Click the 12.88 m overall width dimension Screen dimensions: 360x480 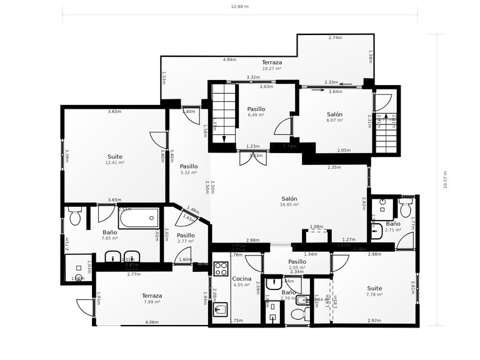[x=239, y=7]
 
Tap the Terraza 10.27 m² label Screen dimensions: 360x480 [x=271, y=65]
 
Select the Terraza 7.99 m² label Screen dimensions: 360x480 [x=151, y=299]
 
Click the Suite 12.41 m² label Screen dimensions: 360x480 [x=114, y=159]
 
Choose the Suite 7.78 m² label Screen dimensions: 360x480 [x=374, y=291]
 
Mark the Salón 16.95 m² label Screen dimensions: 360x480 [x=289, y=201]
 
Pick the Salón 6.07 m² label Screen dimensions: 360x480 [x=334, y=117]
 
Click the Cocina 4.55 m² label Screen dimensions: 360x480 [x=242, y=281]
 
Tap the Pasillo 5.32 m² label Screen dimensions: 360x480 [x=189, y=169]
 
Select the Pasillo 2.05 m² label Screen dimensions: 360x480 [x=297, y=264]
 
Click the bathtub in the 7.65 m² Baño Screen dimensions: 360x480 [x=137, y=219]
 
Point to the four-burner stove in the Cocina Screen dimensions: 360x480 [x=221, y=269]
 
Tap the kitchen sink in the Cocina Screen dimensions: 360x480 [x=221, y=310]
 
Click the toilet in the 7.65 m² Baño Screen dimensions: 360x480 [x=75, y=216]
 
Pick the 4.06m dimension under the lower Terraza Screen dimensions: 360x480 [x=151, y=322]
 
